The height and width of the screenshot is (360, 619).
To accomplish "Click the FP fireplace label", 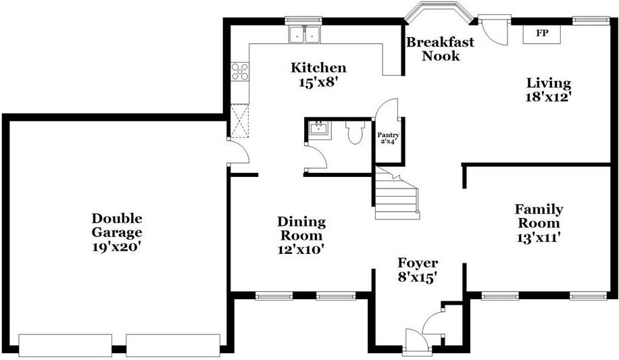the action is [542, 33].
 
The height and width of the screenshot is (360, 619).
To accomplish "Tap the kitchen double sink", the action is [304, 34].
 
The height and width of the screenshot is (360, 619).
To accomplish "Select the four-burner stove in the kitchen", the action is [240, 72].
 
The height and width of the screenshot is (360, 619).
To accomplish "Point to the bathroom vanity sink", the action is [319, 128].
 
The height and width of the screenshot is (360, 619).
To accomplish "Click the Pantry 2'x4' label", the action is [389, 138].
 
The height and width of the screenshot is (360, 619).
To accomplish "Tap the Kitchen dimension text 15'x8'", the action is [318, 82].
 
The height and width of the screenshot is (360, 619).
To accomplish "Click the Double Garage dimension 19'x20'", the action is [116, 247].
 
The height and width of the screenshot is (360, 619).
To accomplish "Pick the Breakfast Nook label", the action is [441, 49].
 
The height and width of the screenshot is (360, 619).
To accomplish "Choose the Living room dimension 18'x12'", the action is [549, 97].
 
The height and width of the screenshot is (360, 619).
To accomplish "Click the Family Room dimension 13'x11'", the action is [539, 238].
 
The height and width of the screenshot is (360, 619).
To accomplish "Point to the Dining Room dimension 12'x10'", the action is [301, 249].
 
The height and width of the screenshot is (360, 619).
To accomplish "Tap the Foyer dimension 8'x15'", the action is [417, 278].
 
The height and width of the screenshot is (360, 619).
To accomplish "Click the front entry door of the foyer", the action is [416, 340].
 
